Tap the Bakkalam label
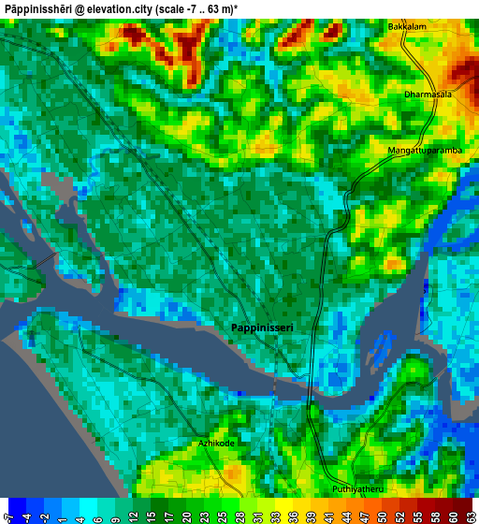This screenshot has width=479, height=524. (407, 27)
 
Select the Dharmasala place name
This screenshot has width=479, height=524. (428, 95)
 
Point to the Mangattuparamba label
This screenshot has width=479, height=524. (425, 150)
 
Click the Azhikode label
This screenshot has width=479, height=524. (216, 443)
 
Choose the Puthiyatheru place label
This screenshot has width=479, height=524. (358, 489)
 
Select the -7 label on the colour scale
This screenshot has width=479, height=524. (8, 517)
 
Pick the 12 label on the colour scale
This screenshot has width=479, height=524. (133, 517)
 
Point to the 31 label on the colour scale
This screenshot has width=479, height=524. (257, 517)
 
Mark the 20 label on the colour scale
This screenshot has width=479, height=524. (186, 517)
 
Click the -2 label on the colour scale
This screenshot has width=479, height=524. (44, 517)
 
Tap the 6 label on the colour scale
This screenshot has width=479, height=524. (97, 517)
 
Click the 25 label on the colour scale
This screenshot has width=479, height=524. (222, 517)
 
